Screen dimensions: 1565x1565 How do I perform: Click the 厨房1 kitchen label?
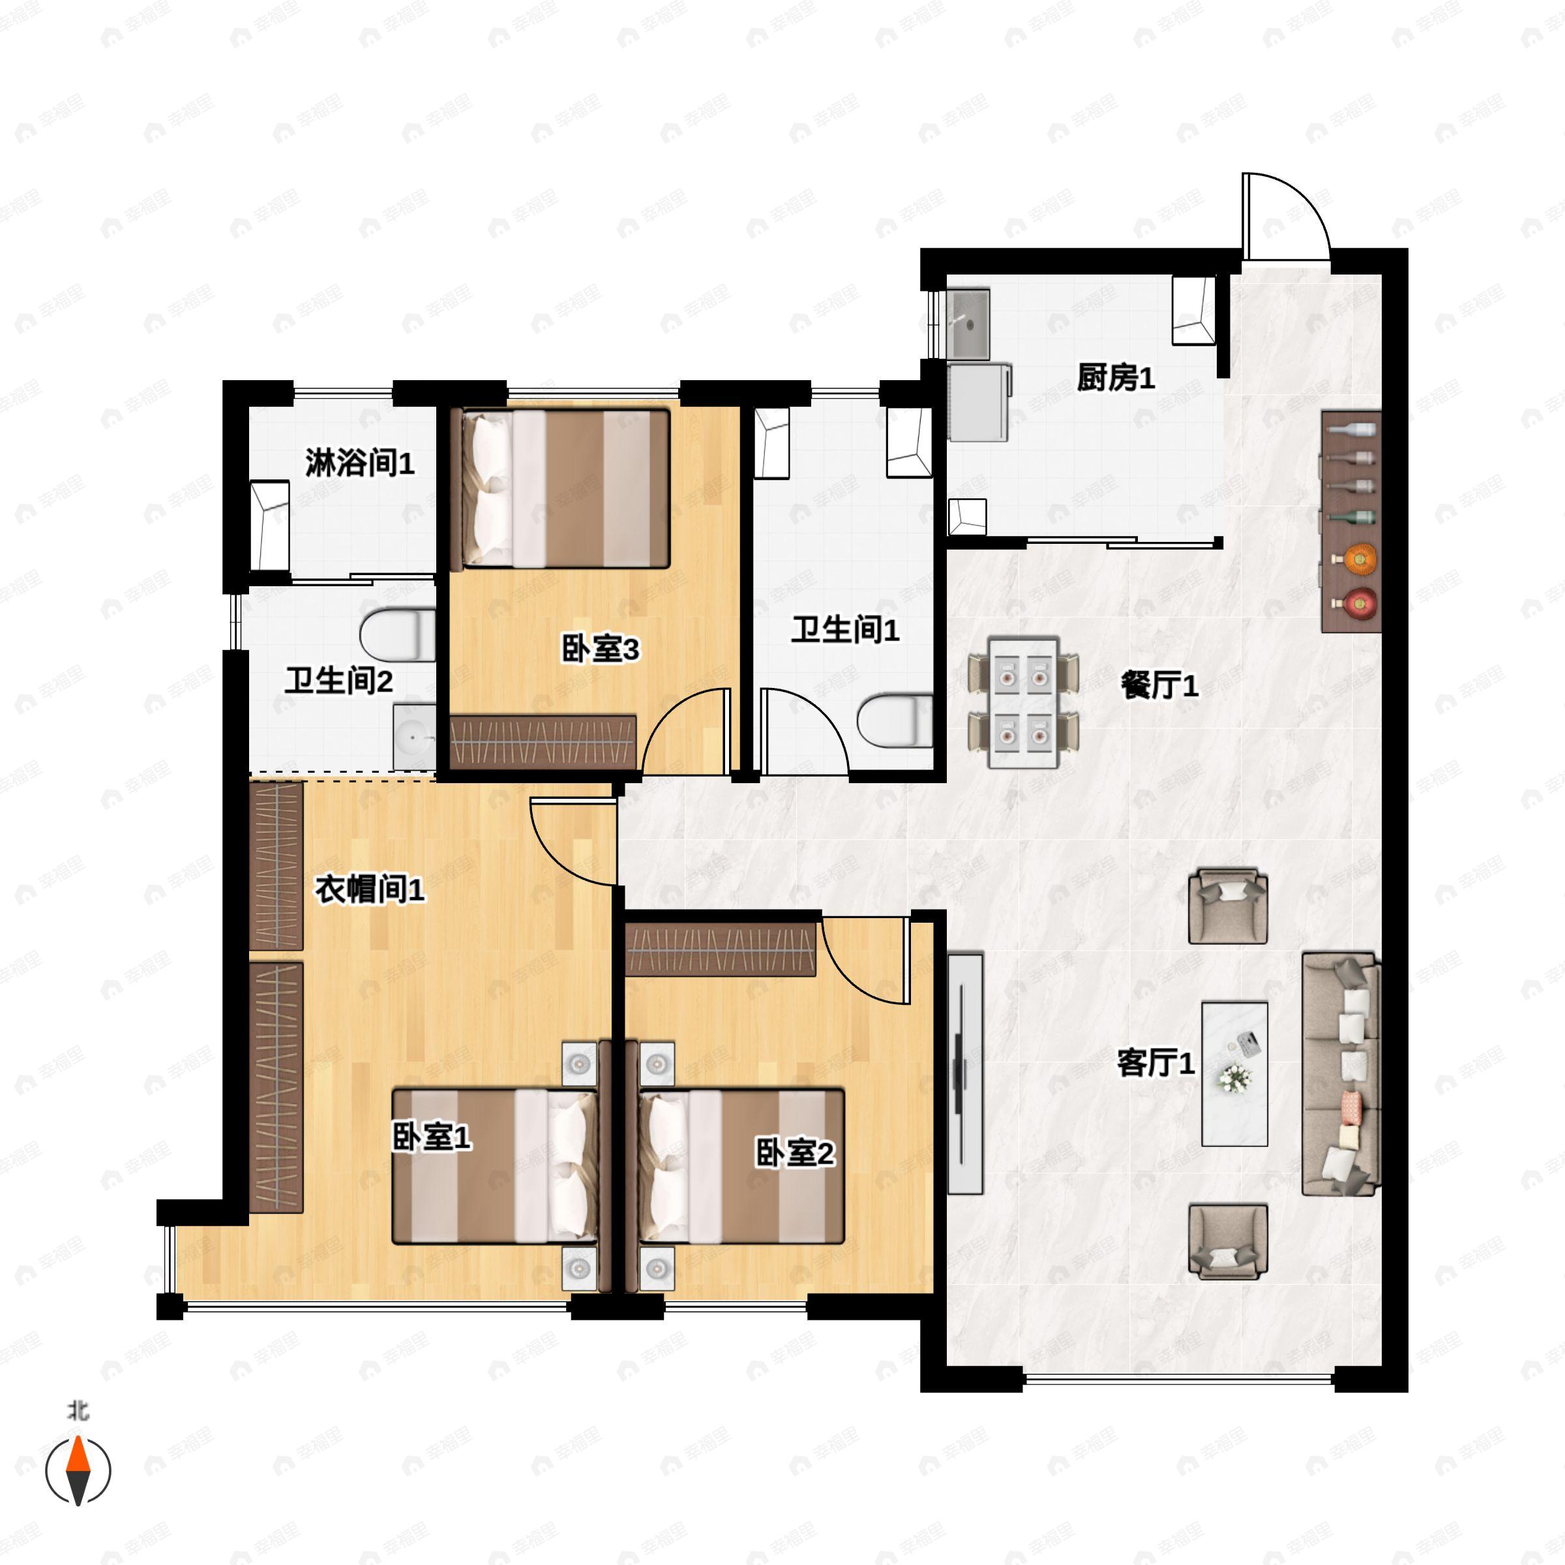[1116, 378]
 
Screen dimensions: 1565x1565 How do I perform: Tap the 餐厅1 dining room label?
[1159, 686]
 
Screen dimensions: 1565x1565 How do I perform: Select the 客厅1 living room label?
[1156, 1062]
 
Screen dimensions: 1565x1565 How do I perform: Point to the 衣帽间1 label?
[369, 890]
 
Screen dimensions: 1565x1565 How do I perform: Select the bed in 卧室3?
[565, 488]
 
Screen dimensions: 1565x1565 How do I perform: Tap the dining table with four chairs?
[1024, 702]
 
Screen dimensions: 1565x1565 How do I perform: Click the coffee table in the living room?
[1234, 1073]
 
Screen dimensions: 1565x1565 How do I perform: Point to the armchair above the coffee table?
[1228, 906]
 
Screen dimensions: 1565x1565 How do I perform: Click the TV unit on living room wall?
[965, 1073]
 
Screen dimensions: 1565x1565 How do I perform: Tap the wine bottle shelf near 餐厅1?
[1350, 522]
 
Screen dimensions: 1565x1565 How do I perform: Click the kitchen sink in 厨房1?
[970, 323]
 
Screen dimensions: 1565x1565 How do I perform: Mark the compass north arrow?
[78, 1468]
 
